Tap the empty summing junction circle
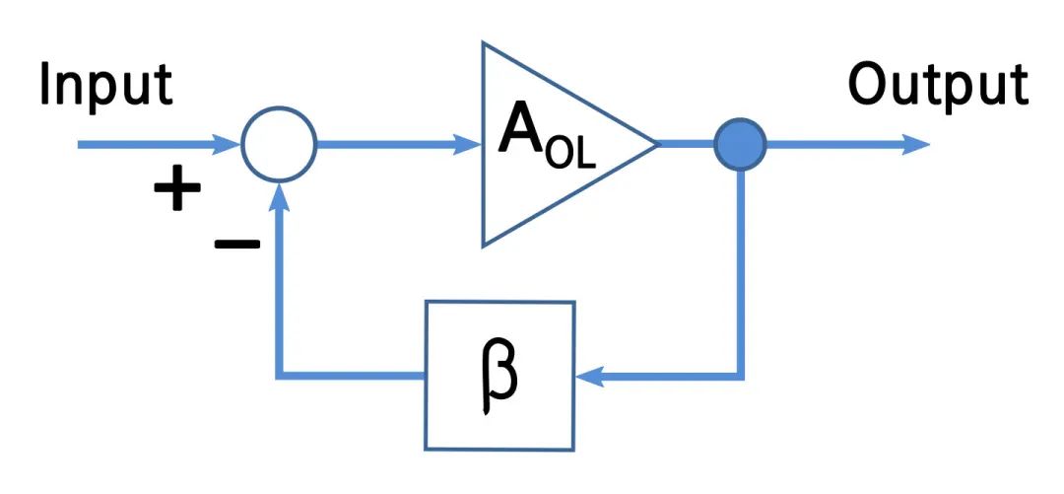[x=279, y=145]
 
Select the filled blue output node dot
[x=741, y=144]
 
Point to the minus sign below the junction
[x=237, y=243]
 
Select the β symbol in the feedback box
[x=499, y=376]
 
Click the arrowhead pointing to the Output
[x=916, y=145]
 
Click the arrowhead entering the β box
[x=588, y=376]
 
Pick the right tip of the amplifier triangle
[x=656, y=144]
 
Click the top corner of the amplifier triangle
[x=483, y=43]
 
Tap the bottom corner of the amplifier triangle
[x=483, y=246]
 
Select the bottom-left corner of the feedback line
[x=281, y=376]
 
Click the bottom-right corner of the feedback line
[x=741, y=376]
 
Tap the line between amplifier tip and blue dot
[x=687, y=144]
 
